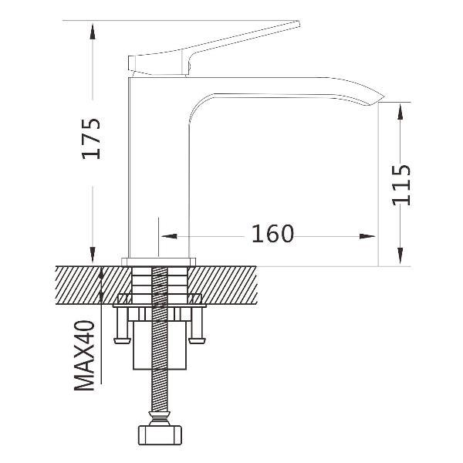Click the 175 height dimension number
pyautogui.click(x=91, y=139)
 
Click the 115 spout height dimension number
pyautogui.click(x=401, y=185)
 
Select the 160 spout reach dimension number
pyautogui.click(x=272, y=234)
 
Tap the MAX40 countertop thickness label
pyautogui.click(x=84, y=356)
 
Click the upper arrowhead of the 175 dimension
pyautogui.click(x=93, y=32)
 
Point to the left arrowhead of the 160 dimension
pyautogui.click(x=169, y=236)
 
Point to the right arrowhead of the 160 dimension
pyautogui.click(x=367, y=236)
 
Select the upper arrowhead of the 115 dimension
pyautogui.click(x=400, y=111)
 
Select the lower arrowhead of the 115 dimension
pyautogui.click(x=400, y=255)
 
